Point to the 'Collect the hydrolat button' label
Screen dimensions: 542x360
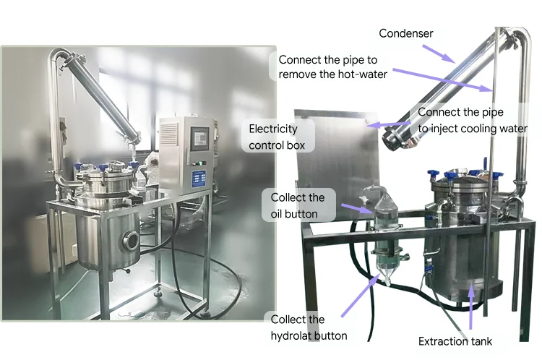pyautogui.click(x=308, y=327)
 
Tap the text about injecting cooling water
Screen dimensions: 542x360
pyautogui.click(x=472, y=120)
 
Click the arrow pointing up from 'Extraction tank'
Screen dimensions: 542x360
pyautogui.click(x=471, y=304)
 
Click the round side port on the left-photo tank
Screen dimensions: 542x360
pyautogui.click(x=132, y=240)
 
